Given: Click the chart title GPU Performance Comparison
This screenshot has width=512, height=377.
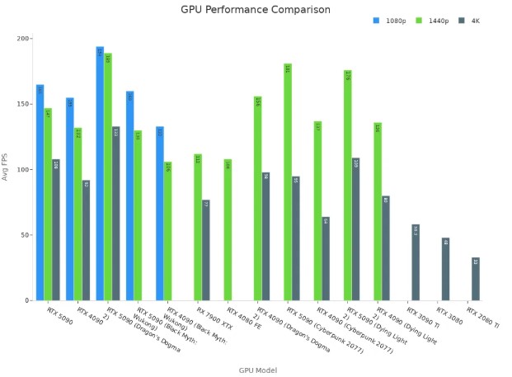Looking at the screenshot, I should [x=256, y=10].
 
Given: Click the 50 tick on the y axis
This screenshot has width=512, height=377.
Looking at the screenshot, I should [x=26, y=235].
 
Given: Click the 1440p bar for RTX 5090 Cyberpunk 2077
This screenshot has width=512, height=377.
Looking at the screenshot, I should [x=288, y=182].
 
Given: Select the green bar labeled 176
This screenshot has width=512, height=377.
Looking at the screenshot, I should [x=348, y=186].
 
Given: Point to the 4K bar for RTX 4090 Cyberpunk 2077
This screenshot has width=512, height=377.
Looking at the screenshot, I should [x=326, y=259].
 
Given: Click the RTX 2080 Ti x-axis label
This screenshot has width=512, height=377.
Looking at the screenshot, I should [x=482, y=318].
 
